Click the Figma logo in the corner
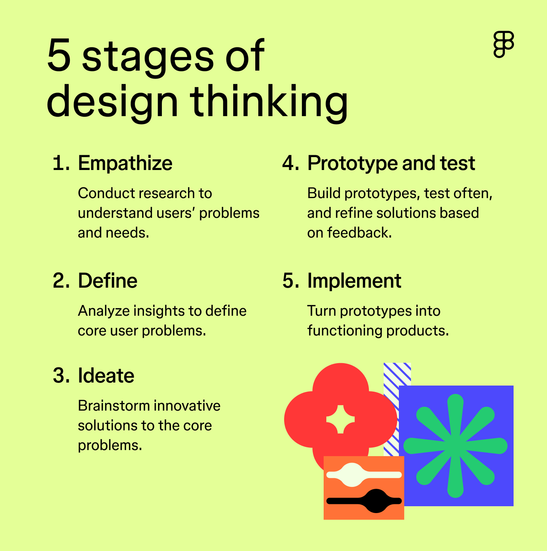[504, 44]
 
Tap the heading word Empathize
[125, 163]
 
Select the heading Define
[108, 281]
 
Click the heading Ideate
[106, 376]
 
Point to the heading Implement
[354, 281]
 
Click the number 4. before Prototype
[291, 163]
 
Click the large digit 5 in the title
[59, 55]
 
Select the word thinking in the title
[269, 101]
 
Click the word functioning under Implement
[345, 331]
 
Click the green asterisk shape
[455, 446]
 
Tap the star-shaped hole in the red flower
[340, 419]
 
